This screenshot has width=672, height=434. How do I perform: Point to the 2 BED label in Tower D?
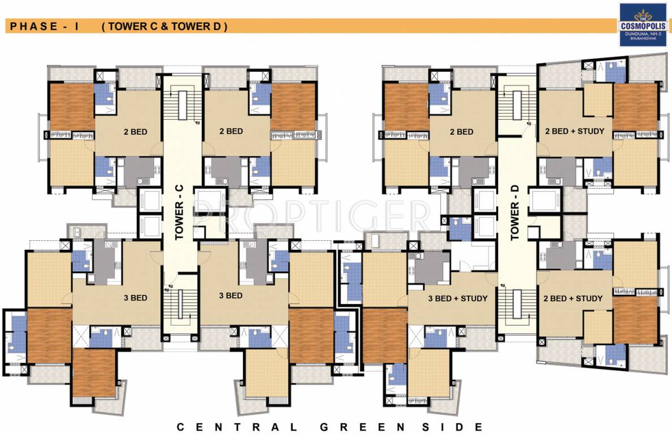(x=461, y=132)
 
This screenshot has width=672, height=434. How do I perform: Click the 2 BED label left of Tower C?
(x=135, y=132)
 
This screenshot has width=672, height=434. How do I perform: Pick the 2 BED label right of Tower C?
(x=231, y=131)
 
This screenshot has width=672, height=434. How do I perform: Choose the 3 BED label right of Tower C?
(x=230, y=296)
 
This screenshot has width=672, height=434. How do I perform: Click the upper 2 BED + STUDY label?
(x=574, y=131)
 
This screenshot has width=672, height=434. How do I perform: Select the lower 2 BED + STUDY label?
(x=573, y=298)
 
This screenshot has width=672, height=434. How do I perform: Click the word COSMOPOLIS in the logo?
(x=643, y=25)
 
